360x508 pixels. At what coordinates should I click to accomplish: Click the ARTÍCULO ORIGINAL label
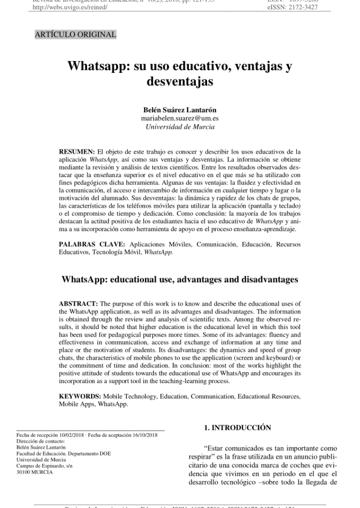pyautogui.click(x=75, y=35)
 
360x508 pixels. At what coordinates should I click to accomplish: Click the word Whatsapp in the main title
pyautogui.click(x=98, y=66)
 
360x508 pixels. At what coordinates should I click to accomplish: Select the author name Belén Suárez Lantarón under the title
pyautogui.click(x=180, y=110)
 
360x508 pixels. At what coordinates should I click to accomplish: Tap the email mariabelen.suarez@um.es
pyautogui.click(x=180, y=118)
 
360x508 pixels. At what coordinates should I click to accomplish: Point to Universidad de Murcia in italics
pyautogui.click(x=180, y=127)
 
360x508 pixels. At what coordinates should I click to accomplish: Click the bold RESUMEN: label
pyautogui.click(x=76, y=151)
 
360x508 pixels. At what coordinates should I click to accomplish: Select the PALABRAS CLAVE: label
pyautogui.click(x=92, y=245)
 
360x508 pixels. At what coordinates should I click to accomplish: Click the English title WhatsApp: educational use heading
pyautogui.click(x=180, y=279)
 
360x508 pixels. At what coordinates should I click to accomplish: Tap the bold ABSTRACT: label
pyautogui.click(x=78, y=303)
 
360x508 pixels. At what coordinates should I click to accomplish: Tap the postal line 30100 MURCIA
pyautogui.click(x=34, y=472)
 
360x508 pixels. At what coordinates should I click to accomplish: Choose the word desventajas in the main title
pyautogui.click(x=180, y=81)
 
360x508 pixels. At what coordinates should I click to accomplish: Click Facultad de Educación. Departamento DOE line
pyautogui.click(x=64, y=453)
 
